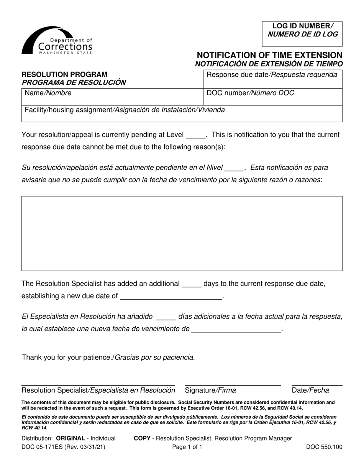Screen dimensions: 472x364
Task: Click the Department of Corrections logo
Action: [x=57, y=40]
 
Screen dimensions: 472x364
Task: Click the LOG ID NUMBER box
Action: [x=302, y=30]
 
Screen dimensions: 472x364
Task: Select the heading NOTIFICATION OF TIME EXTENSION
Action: [x=269, y=55]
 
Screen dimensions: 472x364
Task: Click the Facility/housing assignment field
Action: [x=182, y=114]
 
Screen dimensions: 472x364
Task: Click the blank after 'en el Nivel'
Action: [x=234, y=168]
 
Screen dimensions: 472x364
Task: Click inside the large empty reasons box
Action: [x=182, y=233]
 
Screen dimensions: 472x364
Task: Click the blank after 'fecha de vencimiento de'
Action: [x=236, y=329]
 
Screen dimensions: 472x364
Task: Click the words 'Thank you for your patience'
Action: [x=67, y=357]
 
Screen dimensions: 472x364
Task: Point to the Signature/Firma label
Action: [x=210, y=391]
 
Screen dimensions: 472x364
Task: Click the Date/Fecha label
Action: [x=310, y=391]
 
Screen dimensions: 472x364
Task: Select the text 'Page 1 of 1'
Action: [x=187, y=447]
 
